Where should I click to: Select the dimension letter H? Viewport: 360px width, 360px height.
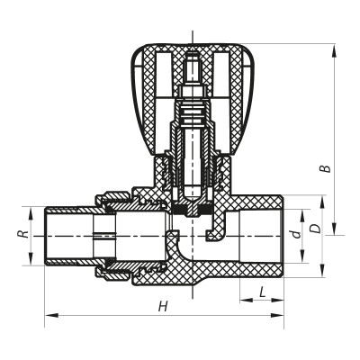click(163, 306)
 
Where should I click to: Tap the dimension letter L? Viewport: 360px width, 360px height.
click(261, 292)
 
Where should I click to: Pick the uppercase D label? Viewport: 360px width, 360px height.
click(314, 229)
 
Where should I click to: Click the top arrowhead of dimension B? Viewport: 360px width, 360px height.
click(336, 48)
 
